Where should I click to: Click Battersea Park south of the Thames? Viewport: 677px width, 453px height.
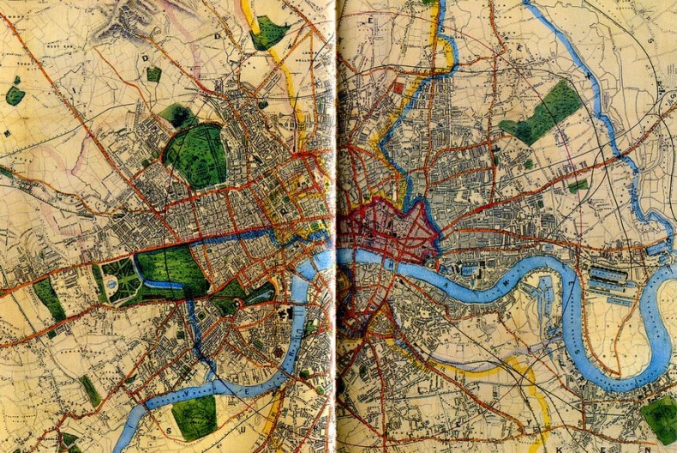[x=194, y=416]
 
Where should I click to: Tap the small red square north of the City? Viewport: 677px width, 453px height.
[x=398, y=88]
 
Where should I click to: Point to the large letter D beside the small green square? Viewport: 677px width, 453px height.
[x=146, y=58]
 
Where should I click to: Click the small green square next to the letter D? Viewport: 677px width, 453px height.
[x=153, y=75]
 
